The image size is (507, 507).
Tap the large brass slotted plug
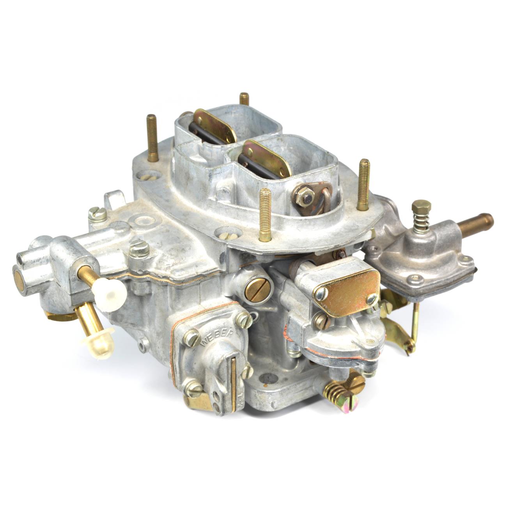click(257, 290)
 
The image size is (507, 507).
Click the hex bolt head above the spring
click(421, 207)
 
